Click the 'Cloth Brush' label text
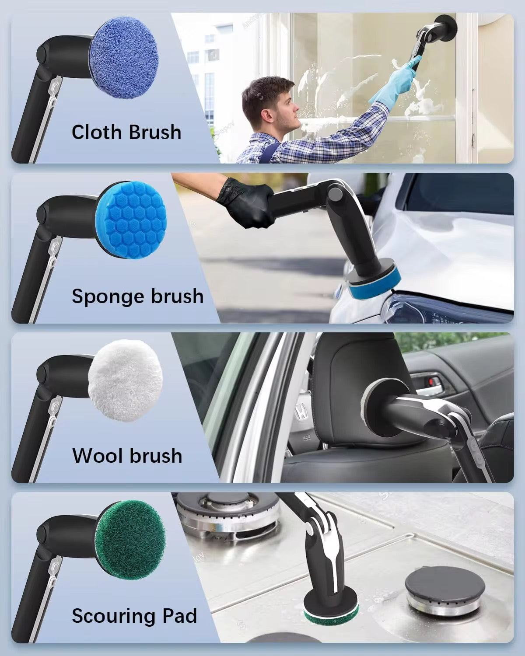point(126,132)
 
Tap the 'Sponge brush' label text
point(137,296)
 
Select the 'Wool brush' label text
point(127,456)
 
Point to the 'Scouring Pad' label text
point(134,616)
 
